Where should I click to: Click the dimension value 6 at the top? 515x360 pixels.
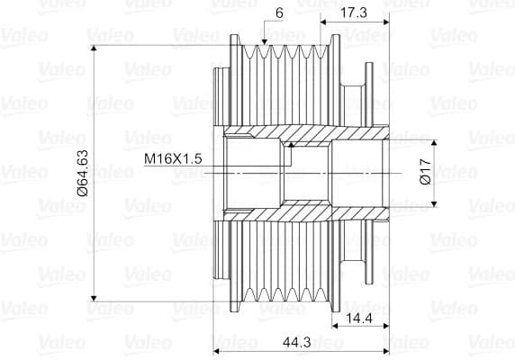[x=280, y=13]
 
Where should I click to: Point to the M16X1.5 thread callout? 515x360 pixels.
[x=173, y=158]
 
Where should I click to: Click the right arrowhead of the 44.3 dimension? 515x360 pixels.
[x=384, y=350]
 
